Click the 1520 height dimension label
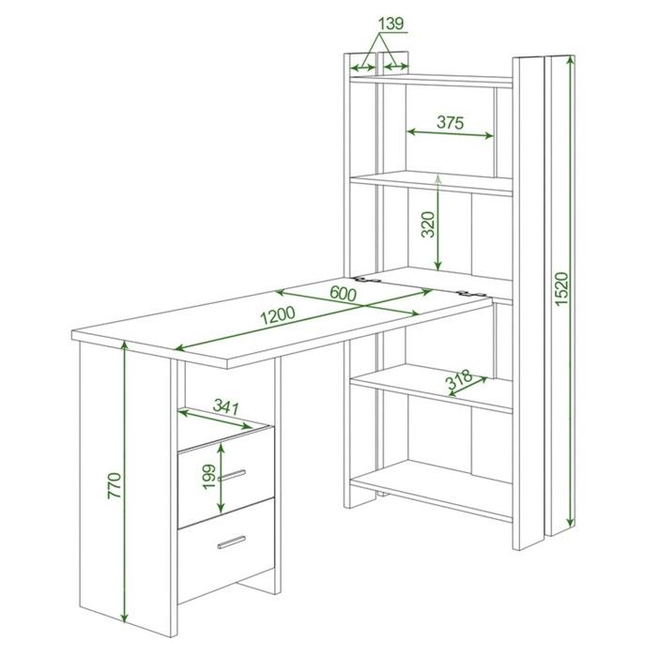click(561, 289)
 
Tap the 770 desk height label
click(115, 485)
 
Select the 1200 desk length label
click(278, 315)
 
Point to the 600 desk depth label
click(344, 293)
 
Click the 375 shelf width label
click(451, 122)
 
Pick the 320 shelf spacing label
click(428, 224)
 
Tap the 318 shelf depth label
click(458, 381)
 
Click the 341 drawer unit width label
click(226, 405)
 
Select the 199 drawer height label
click(208, 477)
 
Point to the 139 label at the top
click(391, 23)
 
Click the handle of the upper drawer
click(232, 475)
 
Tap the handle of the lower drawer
click(232, 542)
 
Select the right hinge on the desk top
click(472, 293)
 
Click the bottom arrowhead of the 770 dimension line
click(124, 618)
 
